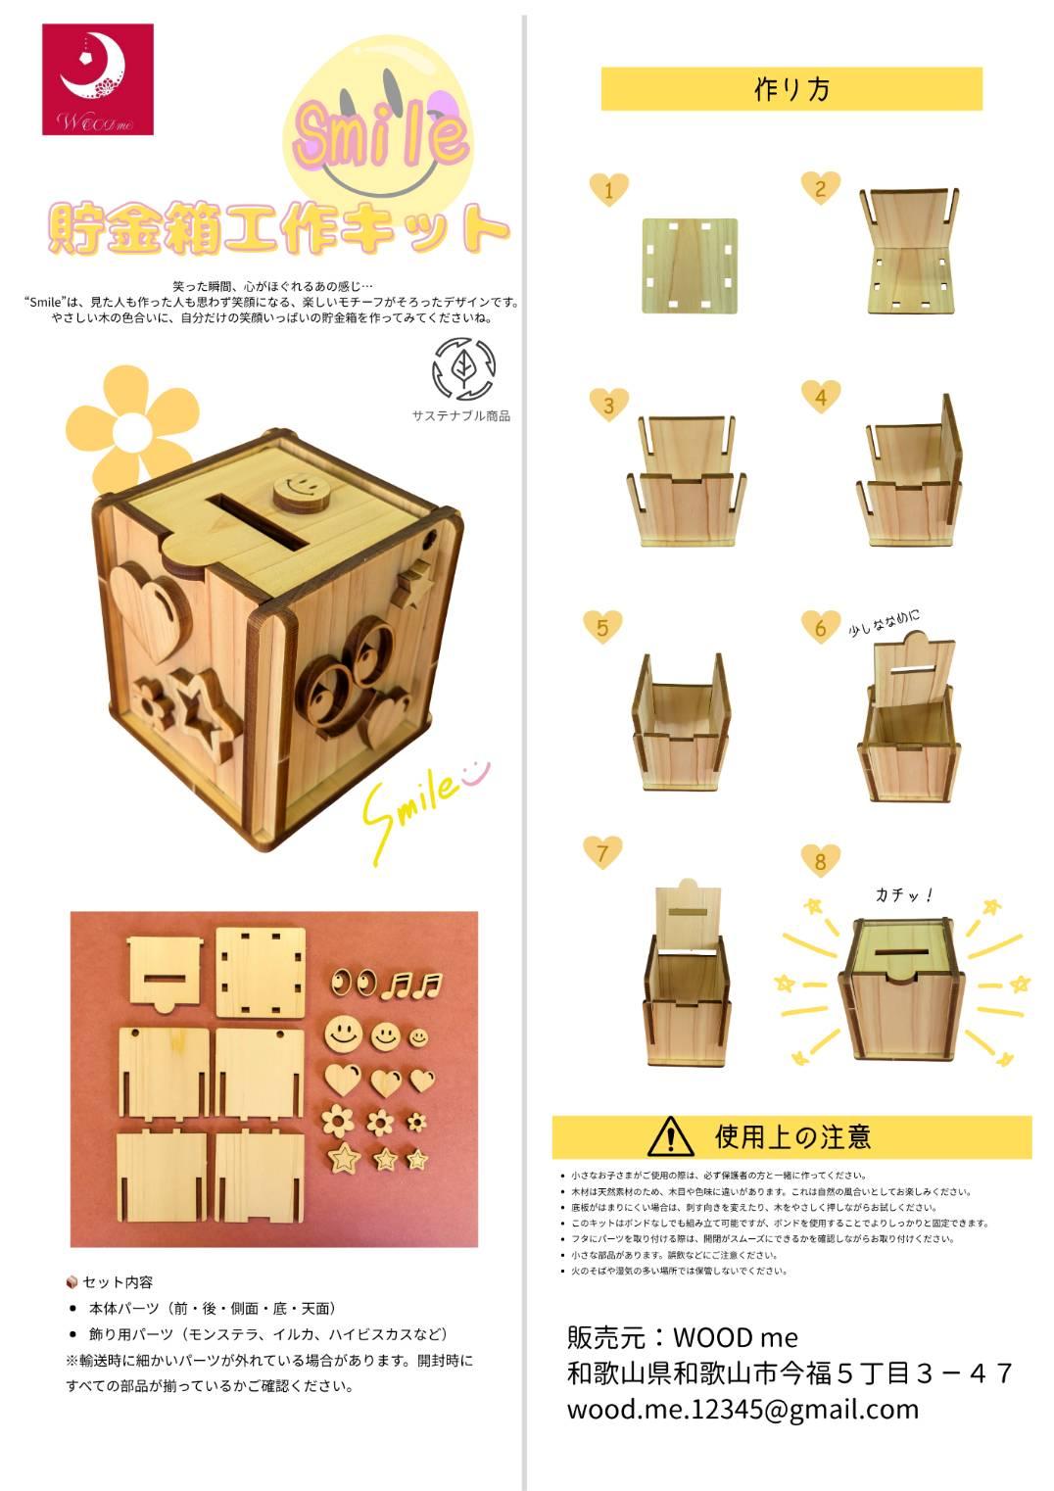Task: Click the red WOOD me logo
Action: click(98, 79)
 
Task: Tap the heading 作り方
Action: click(791, 89)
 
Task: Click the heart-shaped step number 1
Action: click(608, 188)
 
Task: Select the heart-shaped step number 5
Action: click(602, 626)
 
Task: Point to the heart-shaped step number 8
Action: click(820, 860)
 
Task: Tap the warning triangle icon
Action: click(670, 1136)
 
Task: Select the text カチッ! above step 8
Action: click(903, 894)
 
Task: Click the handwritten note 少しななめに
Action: click(884, 623)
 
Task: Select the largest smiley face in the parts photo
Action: click(342, 1032)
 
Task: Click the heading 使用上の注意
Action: click(792, 1136)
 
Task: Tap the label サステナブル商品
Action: click(460, 415)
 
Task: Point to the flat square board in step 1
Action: click(689, 265)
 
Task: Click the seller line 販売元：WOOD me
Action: click(682, 1337)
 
